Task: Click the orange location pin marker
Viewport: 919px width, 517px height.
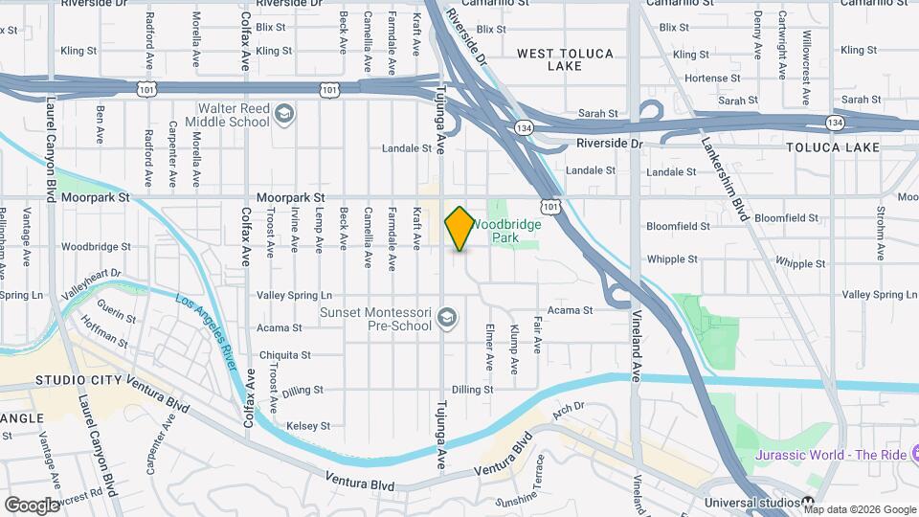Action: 459,228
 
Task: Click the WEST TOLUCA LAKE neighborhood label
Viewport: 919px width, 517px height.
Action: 565,59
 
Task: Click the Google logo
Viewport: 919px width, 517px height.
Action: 32,505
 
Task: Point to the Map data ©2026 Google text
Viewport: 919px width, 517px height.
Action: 860,509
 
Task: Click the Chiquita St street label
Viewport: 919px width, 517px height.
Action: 285,354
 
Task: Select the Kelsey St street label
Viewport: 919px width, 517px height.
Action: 309,425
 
